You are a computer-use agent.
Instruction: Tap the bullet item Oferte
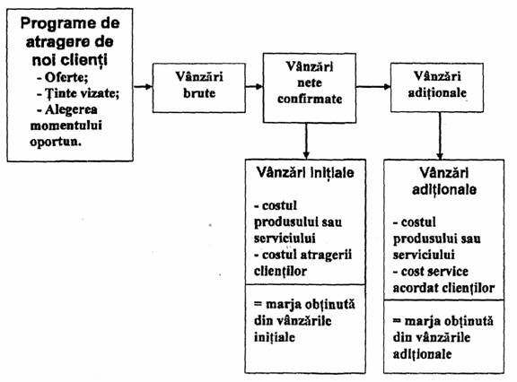pos(63,77)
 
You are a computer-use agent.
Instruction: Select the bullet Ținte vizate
pos(78,93)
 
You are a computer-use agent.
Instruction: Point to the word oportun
pos(56,142)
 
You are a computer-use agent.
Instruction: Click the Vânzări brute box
pos(199,88)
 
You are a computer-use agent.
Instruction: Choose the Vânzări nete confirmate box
pos(310,88)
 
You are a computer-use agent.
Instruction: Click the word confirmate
pos(310,99)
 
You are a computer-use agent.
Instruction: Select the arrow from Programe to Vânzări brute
pos(143,87)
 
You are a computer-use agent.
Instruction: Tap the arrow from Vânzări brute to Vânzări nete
pos(254,87)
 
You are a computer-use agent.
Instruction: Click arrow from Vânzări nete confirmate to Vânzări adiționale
pos(373,87)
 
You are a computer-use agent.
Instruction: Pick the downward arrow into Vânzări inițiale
pos(306,142)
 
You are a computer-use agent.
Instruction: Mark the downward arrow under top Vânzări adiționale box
pos(440,136)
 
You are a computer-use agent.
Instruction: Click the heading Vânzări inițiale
pos(305,173)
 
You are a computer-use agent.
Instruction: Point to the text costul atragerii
pos(303,255)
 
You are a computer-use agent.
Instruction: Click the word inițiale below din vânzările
pos(275,337)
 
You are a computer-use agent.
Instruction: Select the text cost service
pos(431,272)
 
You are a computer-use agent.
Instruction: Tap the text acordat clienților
pos(443,288)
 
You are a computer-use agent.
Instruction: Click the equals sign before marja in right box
pos(397,320)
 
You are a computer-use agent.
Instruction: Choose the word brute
pos(199,93)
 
